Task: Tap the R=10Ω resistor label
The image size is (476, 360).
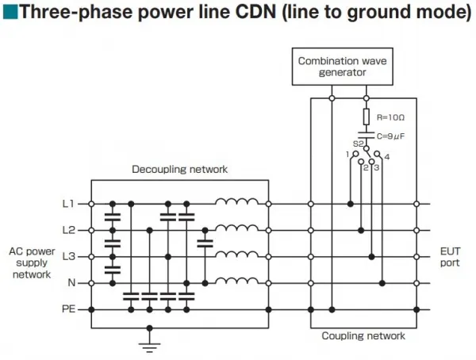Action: [x=390, y=117]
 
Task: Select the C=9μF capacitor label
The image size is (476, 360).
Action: [x=390, y=136]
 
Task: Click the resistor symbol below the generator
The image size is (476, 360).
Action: [x=367, y=117]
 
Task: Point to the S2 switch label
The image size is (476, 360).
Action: [x=359, y=144]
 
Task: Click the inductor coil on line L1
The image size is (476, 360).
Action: [x=236, y=201]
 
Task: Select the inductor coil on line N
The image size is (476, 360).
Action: [x=236, y=281]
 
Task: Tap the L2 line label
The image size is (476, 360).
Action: [x=68, y=230]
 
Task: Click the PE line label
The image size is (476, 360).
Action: [x=68, y=309]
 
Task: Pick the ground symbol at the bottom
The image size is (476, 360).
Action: [x=149, y=347]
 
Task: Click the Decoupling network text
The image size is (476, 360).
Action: [x=180, y=169]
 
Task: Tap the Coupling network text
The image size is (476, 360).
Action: [x=363, y=335]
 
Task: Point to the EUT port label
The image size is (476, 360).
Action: [x=450, y=257]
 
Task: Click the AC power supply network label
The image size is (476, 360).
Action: [x=32, y=263]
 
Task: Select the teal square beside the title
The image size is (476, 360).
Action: [x=10, y=12]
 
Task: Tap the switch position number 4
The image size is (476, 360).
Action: [x=387, y=157]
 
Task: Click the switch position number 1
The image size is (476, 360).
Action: [x=347, y=155]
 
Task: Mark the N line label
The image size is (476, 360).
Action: [x=71, y=283]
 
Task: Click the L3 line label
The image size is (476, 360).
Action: [x=68, y=256]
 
